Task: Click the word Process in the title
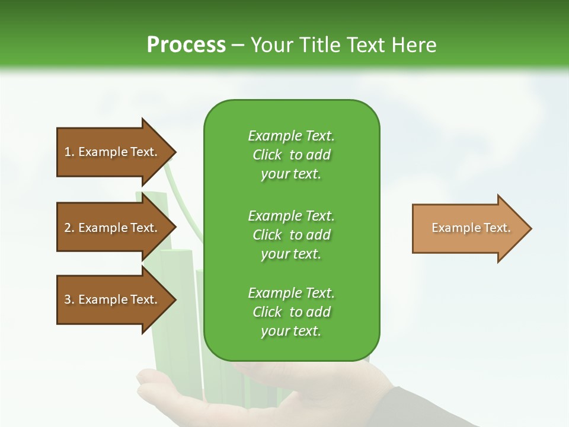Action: [x=186, y=45]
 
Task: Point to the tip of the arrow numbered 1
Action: [x=177, y=152]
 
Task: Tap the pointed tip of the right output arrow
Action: [x=532, y=228]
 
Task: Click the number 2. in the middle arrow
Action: [x=69, y=228]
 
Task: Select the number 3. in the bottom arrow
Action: [x=69, y=299]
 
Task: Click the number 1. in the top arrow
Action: [x=69, y=152]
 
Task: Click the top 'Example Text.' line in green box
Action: [x=292, y=136]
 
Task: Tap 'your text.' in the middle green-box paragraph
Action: [x=291, y=254]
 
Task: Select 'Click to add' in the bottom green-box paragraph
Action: [x=292, y=312]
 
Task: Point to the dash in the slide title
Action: [x=238, y=46]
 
